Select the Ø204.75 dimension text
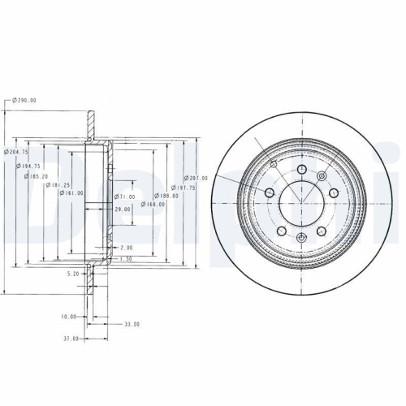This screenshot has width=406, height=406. [x=19, y=151]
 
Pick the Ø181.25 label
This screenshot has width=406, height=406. [x=58, y=184]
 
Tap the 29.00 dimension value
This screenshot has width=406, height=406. [x=122, y=209]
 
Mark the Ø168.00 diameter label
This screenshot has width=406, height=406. [x=153, y=205]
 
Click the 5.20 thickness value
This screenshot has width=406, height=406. [x=72, y=274]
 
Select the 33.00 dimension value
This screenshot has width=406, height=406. [x=131, y=324]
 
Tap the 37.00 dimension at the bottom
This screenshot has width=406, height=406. [x=71, y=338]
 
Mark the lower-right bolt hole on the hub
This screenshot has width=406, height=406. [x=321, y=231]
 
